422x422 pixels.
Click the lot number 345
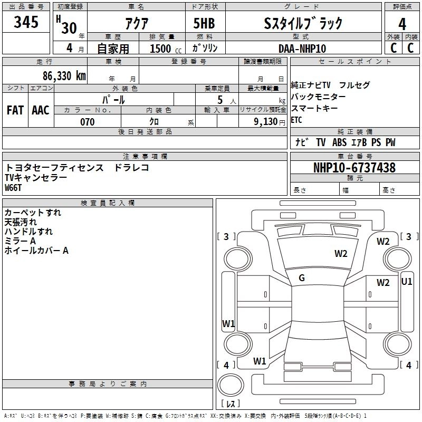tap(26, 22)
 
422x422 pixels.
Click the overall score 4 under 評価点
tap(402, 24)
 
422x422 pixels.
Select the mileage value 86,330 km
tap(64, 76)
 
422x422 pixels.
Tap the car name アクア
tap(137, 24)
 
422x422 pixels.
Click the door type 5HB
tap(204, 23)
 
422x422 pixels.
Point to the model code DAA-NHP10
tap(302, 49)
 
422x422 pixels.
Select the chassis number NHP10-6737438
tap(354, 168)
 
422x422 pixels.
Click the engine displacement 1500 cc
tap(166, 49)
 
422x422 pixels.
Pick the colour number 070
tap(88, 122)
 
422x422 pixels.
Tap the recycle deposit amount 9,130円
tap(270, 122)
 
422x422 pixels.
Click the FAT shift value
tap(15, 110)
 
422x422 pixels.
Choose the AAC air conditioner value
tap(41, 110)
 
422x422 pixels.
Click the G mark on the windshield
tap(302, 278)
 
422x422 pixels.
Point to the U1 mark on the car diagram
tap(406, 282)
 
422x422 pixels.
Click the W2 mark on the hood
tap(341, 254)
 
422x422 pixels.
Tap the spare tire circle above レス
tap(231, 385)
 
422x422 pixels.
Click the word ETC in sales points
tap(296, 120)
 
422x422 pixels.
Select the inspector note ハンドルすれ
tap(28, 232)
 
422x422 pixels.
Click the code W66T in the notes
tap(13, 188)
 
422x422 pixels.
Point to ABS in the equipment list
tap(339, 142)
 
